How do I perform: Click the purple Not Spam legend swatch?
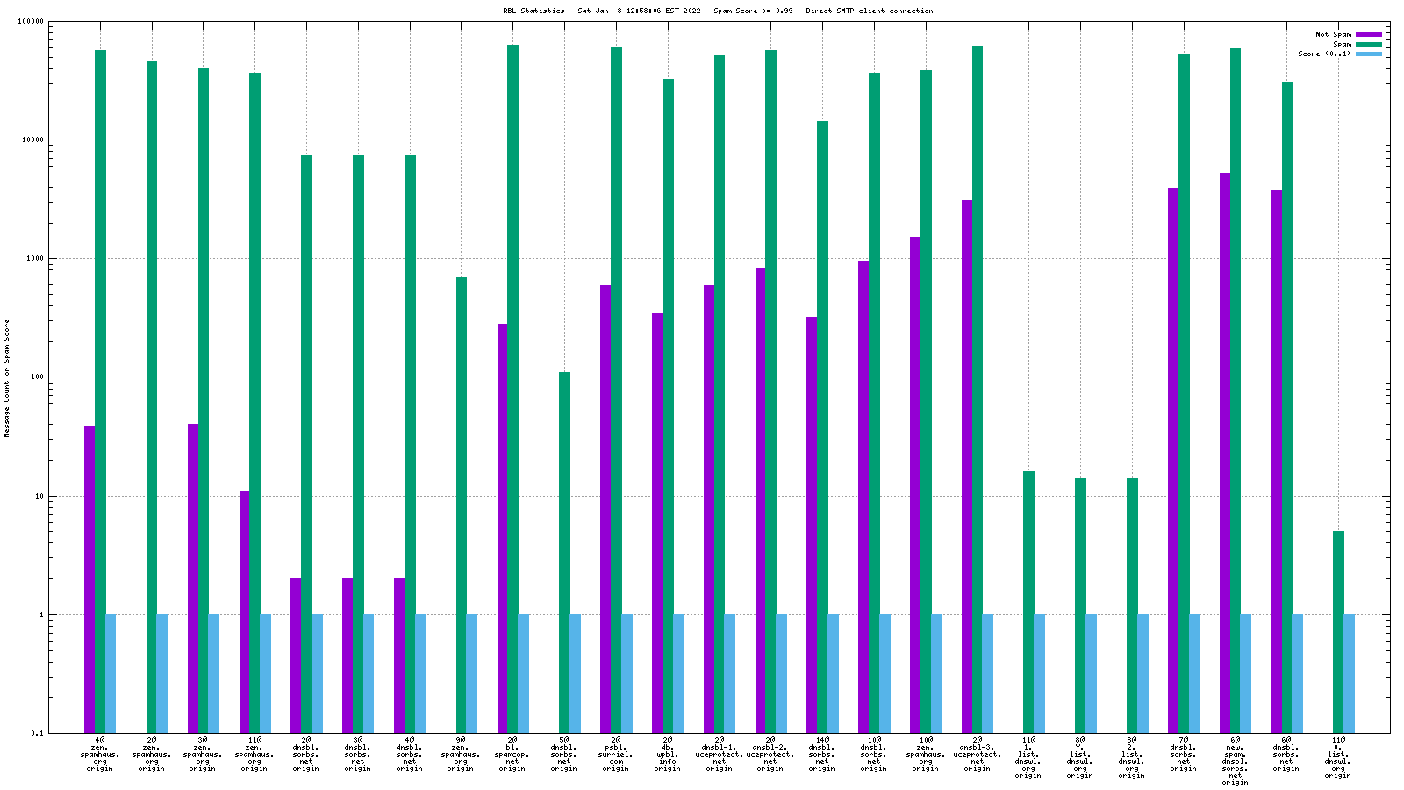pos(1368,34)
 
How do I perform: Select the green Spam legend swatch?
pos(1368,44)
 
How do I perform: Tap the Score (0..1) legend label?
pos(1324,54)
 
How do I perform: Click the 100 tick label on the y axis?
pos(36,377)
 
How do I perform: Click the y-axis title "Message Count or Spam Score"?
pos(7,377)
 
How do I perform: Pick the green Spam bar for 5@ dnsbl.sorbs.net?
pos(564,553)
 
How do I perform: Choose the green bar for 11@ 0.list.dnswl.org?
pos(1338,632)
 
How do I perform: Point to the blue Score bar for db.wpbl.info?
pos(678,674)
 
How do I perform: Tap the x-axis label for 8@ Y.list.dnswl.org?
pos(1080,758)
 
